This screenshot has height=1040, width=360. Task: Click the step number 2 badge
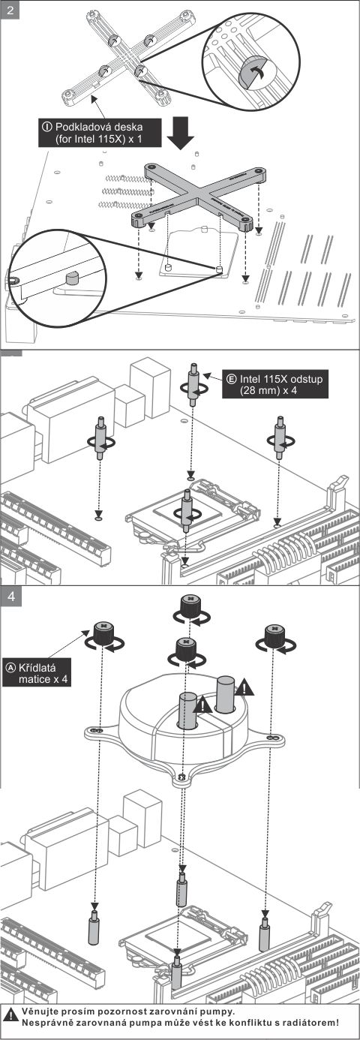point(10,10)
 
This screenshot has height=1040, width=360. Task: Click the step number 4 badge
point(11,596)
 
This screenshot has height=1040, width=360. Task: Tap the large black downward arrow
point(181,132)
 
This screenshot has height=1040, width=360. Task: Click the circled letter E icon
point(231,379)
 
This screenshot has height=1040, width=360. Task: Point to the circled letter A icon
point(10,668)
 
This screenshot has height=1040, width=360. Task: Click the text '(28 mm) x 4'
point(268,390)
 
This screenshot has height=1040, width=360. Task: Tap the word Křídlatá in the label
point(37,668)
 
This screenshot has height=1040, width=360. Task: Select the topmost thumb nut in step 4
point(190,606)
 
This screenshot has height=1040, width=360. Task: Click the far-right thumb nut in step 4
point(274,635)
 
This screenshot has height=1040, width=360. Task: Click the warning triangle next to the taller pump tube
point(244,687)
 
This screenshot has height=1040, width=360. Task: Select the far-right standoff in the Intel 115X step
point(279,437)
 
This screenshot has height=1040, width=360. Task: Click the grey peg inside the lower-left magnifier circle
point(72,278)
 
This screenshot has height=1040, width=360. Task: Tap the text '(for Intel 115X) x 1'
point(99,139)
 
